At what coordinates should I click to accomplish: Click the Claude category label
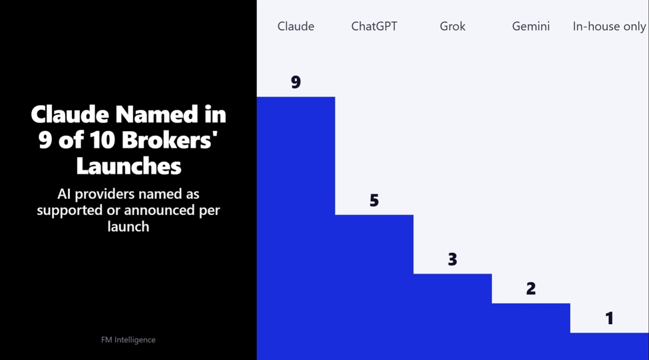(x=296, y=27)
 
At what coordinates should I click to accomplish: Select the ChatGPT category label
(x=374, y=27)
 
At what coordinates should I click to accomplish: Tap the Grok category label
(x=453, y=27)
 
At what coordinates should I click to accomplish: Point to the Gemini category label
(x=531, y=27)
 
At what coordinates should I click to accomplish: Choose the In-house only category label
(x=609, y=27)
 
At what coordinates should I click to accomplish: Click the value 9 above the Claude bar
(x=296, y=82)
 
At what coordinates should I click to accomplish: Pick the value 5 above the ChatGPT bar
(x=374, y=200)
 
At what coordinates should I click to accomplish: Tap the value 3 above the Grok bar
(x=453, y=260)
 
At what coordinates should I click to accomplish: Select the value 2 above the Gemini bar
(x=531, y=288)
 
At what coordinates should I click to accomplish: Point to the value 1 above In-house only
(x=609, y=318)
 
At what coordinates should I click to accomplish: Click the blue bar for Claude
(x=296, y=228)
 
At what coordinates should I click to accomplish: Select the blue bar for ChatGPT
(x=374, y=287)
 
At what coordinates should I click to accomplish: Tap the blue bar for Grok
(x=453, y=317)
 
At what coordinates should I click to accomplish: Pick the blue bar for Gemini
(x=531, y=331)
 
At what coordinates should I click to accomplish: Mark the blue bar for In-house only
(x=609, y=346)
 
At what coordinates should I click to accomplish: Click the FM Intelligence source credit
(x=128, y=340)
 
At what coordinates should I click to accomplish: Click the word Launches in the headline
(x=128, y=166)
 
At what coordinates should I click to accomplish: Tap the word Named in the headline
(x=157, y=114)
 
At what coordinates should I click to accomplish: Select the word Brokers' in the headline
(x=170, y=140)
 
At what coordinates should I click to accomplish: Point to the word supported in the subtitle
(x=69, y=210)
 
